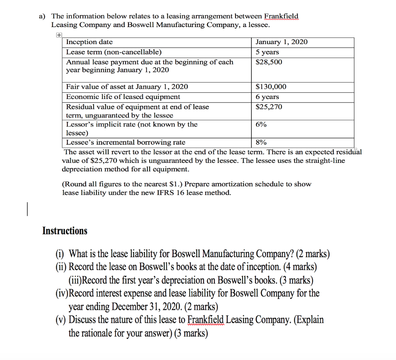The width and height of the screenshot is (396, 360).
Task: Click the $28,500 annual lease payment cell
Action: tap(269, 62)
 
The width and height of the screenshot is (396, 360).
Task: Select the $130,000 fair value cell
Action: tap(271, 87)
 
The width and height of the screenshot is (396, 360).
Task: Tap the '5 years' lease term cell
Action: tap(267, 52)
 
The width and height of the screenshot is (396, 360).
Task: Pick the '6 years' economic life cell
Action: tap(267, 97)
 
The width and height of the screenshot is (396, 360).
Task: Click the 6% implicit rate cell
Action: tap(261, 125)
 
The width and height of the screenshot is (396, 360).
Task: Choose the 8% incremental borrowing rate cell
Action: tap(261, 142)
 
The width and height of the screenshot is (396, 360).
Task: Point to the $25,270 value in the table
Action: tap(269, 107)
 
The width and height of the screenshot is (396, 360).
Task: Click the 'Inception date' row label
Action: tap(90, 42)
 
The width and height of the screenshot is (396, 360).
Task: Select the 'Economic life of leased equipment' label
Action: tap(123, 97)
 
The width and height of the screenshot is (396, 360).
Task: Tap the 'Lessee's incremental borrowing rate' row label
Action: tap(126, 142)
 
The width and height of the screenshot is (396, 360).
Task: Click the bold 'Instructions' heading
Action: tap(65, 231)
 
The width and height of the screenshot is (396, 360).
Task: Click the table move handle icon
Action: tap(58, 35)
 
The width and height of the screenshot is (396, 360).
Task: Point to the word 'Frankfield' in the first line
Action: tap(281, 16)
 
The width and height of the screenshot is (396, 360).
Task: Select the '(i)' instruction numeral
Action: tap(61, 254)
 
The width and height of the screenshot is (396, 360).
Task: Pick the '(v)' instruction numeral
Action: tap(61, 320)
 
